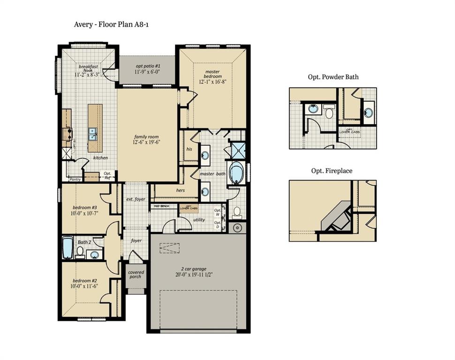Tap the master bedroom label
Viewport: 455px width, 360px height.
pos(212,74)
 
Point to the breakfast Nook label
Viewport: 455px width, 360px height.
pos(88,69)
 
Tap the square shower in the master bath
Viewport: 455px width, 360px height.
pos(237,150)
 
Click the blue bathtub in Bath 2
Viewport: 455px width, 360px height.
pos(68,247)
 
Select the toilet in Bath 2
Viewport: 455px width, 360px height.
pos(80,253)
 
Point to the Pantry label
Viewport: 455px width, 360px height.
pos(75,179)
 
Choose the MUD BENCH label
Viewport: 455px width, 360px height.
pos(161,206)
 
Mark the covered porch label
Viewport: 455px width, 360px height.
pos(136,274)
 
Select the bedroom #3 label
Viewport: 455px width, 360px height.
pos(85,208)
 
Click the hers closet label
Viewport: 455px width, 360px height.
pos(180,190)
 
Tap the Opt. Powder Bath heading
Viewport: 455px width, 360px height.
pos(333,77)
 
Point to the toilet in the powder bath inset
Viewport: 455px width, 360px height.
pos(329,112)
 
